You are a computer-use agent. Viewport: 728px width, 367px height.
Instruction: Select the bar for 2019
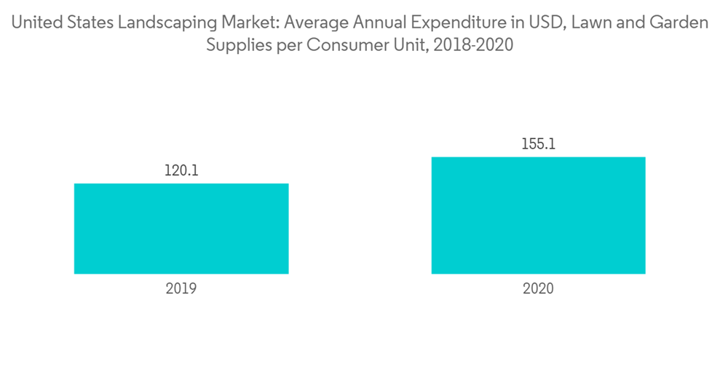tap(181, 229)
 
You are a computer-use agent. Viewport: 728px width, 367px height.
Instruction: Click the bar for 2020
tap(538, 216)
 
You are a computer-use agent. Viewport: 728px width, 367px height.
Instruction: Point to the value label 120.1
tap(181, 171)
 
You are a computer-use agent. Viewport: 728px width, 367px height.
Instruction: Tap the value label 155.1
tap(538, 144)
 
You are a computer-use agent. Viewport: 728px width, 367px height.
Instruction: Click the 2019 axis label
tap(181, 288)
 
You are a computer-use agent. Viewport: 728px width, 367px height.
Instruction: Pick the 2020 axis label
tap(538, 288)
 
